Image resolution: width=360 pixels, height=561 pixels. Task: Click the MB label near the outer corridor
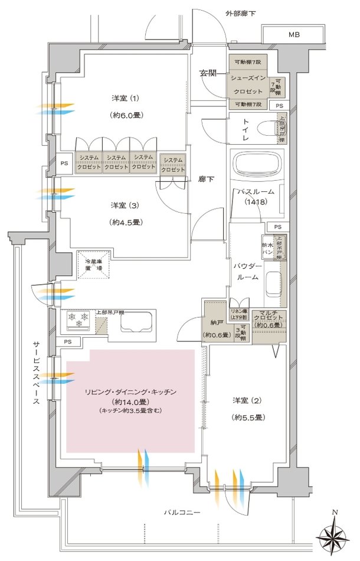tap(294, 35)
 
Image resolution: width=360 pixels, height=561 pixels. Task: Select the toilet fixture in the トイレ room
tap(273, 129)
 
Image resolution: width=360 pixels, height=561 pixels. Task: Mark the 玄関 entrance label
tap(208, 73)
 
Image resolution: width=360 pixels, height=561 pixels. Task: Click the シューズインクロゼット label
tap(250, 83)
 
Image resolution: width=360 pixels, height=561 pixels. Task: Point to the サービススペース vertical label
tap(35, 372)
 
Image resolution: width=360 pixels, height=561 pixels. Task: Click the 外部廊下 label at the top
tap(240, 13)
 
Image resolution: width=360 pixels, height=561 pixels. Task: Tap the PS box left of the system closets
tap(64, 164)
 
